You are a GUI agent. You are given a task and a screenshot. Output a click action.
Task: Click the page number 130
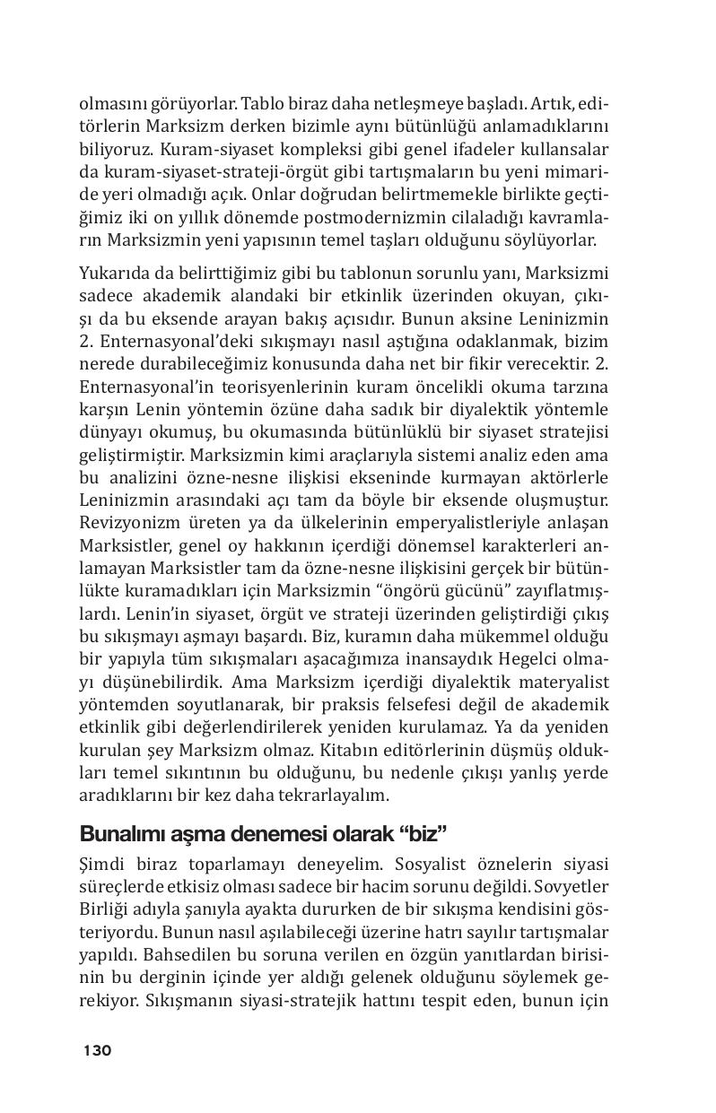point(97,1050)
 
